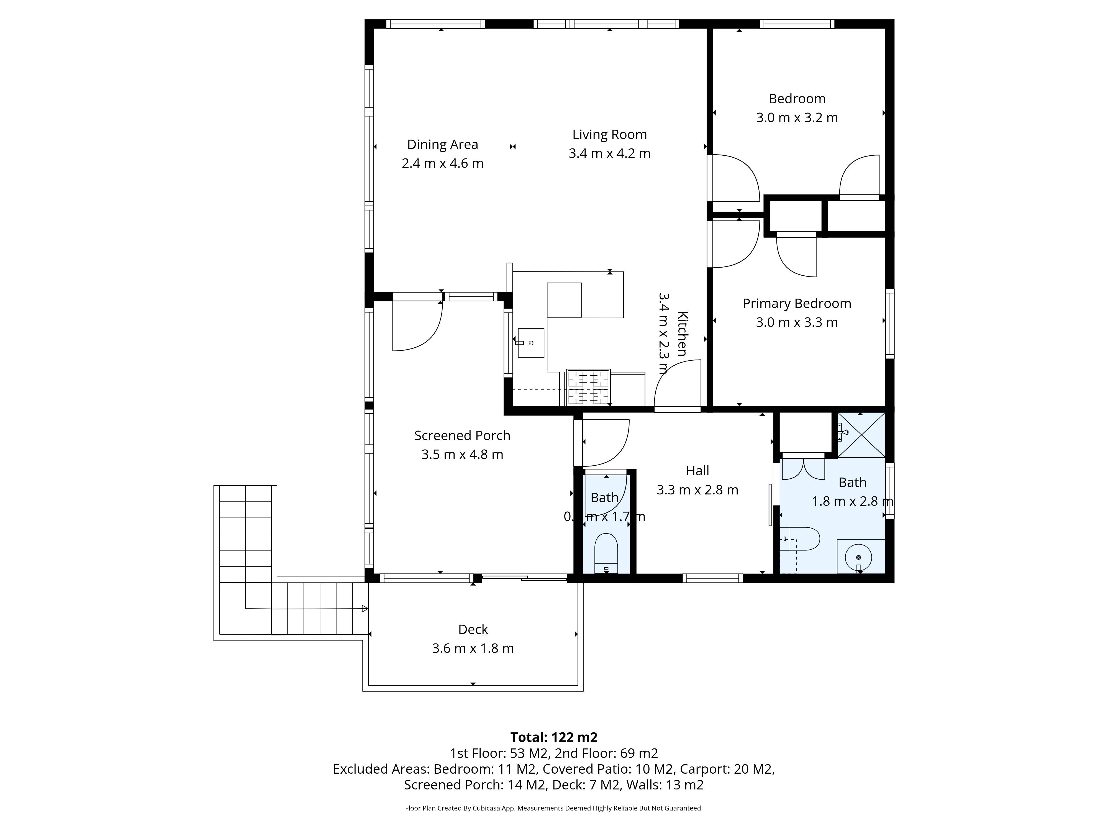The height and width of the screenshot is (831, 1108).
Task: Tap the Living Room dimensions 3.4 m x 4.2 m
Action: pyautogui.click(x=609, y=153)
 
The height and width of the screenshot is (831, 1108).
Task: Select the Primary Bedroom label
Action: pyautogui.click(x=796, y=304)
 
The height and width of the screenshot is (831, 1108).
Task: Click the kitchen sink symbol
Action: pyautogui.click(x=530, y=343)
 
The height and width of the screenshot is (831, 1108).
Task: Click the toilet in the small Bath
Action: pyautogui.click(x=606, y=553)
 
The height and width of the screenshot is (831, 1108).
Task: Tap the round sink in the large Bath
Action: pyautogui.click(x=858, y=557)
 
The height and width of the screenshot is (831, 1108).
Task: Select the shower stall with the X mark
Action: pyautogui.click(x=861, y=435)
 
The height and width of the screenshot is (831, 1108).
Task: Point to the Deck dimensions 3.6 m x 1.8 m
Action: pyautogui.click(x=473, y=648)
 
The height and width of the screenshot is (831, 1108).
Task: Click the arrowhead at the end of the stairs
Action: pyautogui.click(x=365, y=609)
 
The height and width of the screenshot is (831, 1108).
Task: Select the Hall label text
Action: pyautogui.click(x=697, y=471)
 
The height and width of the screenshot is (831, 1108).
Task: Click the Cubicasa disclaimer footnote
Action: pyautogui.click(x=553, y=808)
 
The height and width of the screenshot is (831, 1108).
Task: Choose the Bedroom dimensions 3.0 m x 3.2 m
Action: pyautogui.click(x=796, y=118)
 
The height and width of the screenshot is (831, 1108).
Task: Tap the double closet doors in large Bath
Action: pyautogui.click(x=803, y=469)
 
